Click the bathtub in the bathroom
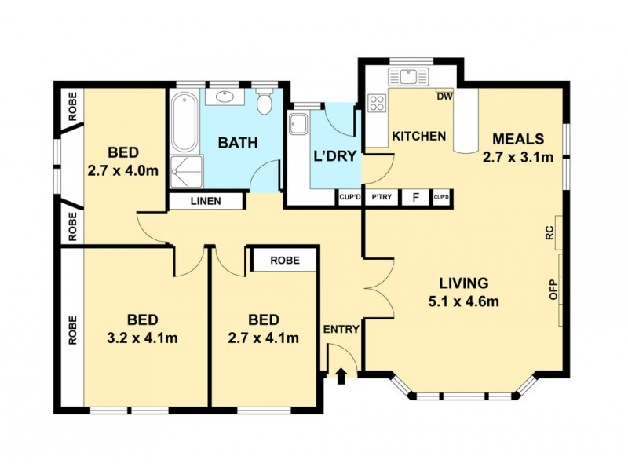click(186, 122)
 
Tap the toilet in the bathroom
click(265, 102)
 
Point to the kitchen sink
click(408, 76)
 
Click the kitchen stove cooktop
click(377, 103)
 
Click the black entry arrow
click(341, 378)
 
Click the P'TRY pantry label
click(382, 197)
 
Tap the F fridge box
click(414, 197)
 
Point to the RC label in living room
click(549, 233)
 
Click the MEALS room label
click(517, 139)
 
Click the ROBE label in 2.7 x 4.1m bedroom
click(283, 261)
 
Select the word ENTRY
click(341, 329)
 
